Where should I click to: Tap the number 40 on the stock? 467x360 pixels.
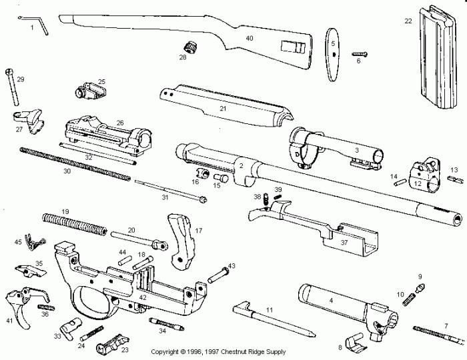tap(250, 39)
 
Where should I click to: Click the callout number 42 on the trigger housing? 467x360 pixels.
tap(142, 297)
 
